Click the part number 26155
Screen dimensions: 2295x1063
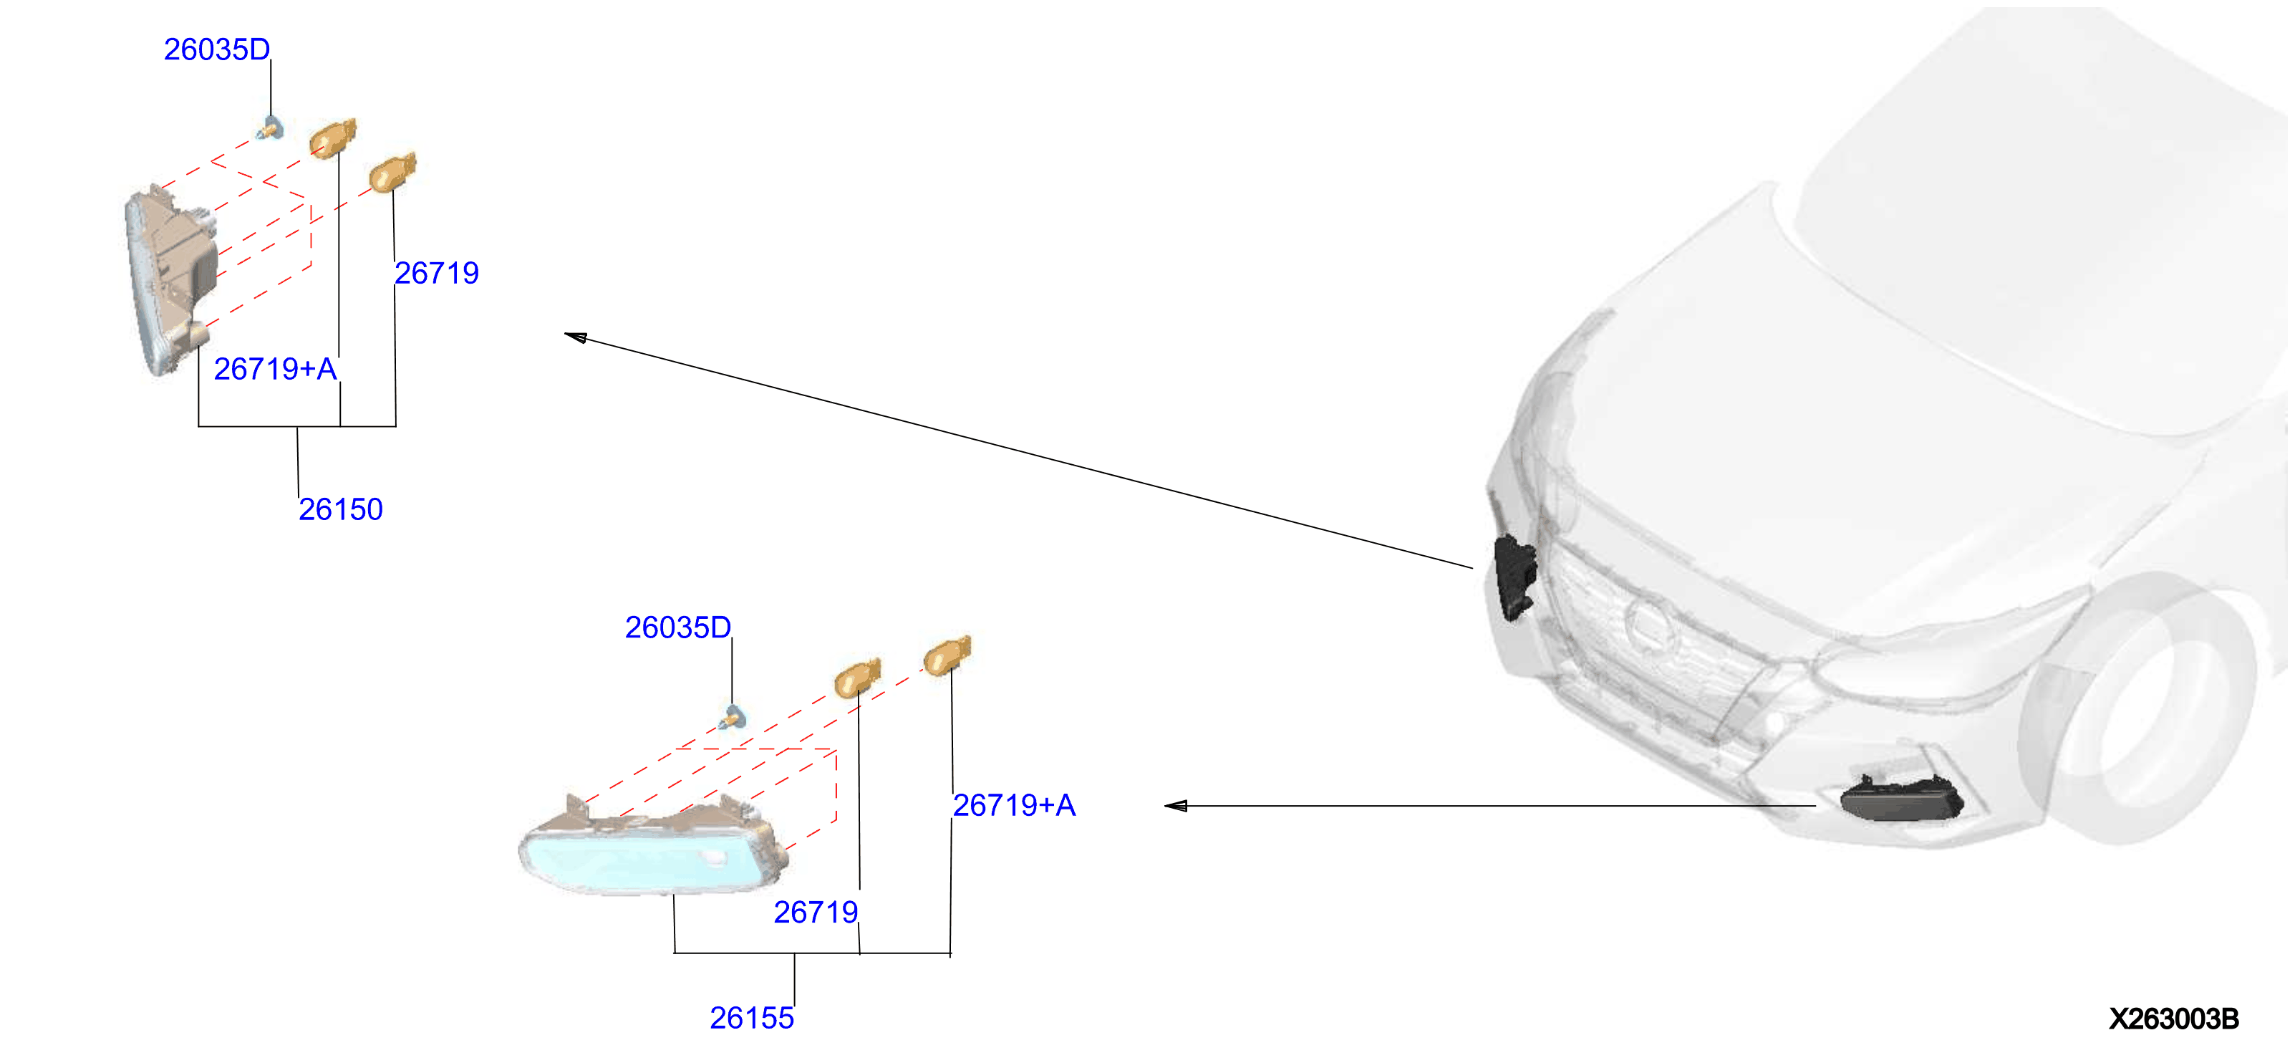coord(751,1018)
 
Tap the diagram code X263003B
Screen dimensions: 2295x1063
coord(2173,1019)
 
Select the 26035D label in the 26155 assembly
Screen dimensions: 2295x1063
coord(678,627)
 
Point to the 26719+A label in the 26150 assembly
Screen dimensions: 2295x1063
coord(275,368)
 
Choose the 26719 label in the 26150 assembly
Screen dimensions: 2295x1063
coord(437,273)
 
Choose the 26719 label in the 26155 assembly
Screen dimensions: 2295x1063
coord(815,912)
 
